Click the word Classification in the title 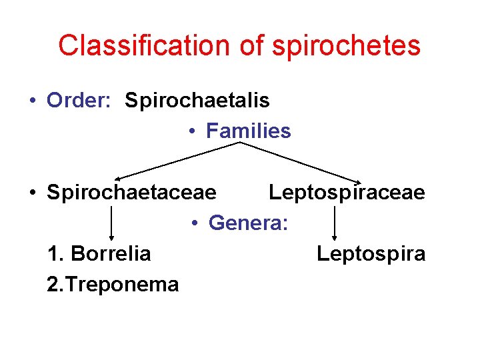[142, 45]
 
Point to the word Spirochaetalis [197, 101]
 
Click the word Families [249, 131]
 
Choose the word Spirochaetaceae [132, 193]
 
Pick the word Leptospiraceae [347, 193]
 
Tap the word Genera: [249, 223]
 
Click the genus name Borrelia [111, 254]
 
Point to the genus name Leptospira [371, 254]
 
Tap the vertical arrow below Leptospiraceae [335, 223]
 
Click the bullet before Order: [32, 101]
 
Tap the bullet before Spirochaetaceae [32, 193]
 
